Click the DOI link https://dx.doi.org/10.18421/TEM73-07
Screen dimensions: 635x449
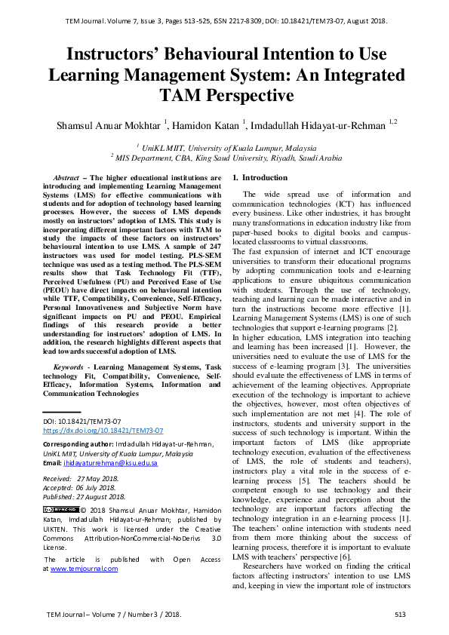pyautogui.click(x=103, y=431)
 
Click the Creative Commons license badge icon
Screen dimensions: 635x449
pyautogui.click(x=60, y=510)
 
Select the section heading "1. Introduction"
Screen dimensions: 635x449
pyautogui.click(x=260, y=177)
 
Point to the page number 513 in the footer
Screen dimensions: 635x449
pyautogui.click(x=400, y=615)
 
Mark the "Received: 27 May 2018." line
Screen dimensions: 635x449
pyautogui.click(x=81, y=478)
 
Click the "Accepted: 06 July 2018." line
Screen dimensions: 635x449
pyautogui.click(x=81, y=487)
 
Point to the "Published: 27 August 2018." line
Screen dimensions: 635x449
pyautogui.click(x=85, y=496)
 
